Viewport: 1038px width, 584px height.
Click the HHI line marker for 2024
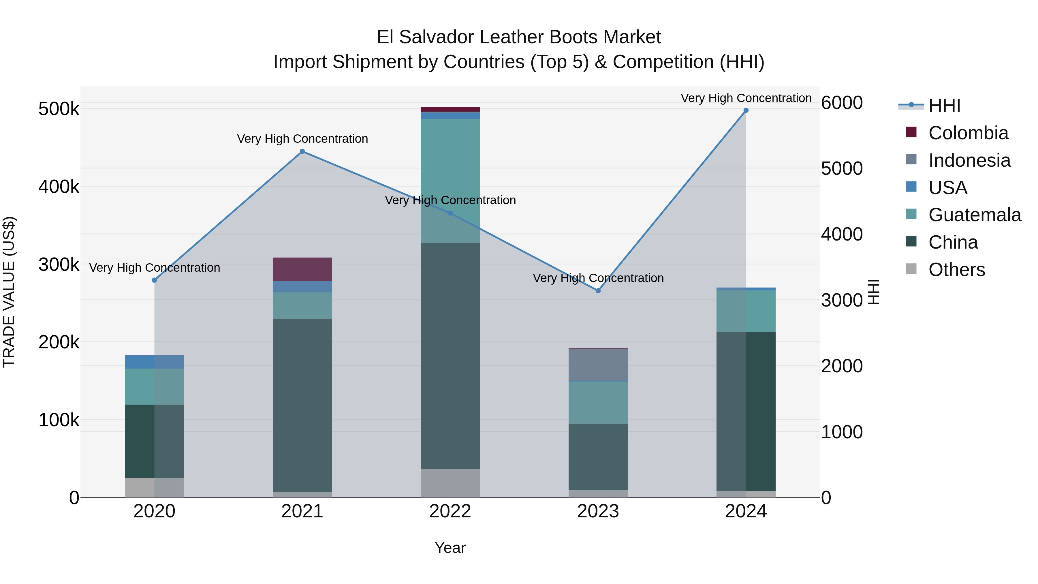(746, 110)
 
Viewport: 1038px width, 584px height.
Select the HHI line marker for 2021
(302, 151)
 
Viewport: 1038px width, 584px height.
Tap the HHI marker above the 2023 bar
(598, 291)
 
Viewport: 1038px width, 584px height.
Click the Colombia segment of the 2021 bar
(302, 269)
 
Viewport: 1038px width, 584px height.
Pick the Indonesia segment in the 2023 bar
(598, 365)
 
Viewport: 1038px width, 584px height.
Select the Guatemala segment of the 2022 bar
(450, 181)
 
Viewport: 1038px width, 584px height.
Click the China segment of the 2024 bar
(746, 411)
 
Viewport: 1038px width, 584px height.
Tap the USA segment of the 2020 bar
(154, 362)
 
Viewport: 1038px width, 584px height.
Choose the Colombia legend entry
(968, 133)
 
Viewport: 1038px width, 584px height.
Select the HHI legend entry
(944, 106)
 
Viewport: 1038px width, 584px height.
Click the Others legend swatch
(911, 269)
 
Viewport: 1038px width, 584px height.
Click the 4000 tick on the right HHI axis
(842, 234)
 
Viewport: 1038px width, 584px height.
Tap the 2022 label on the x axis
(450, 511)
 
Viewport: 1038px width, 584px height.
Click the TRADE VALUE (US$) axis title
(9, 292)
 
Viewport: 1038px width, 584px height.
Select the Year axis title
(450, 548)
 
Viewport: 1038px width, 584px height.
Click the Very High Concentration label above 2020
(154, 268)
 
